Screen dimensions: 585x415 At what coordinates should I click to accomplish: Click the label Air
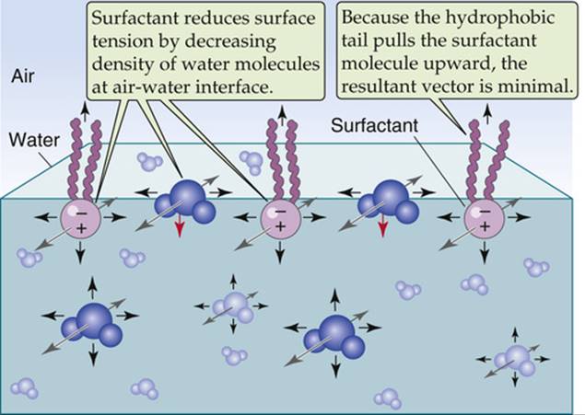pos(23,76)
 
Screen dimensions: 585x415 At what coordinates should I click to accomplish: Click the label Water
pos(34,140)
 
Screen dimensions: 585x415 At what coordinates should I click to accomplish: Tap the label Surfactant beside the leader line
pos(374,125)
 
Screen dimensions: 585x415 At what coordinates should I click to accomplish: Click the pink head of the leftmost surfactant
pos(80,218)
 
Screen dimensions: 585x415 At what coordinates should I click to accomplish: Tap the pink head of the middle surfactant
pos(280,218)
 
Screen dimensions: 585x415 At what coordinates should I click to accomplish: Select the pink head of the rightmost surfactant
pos(484,218)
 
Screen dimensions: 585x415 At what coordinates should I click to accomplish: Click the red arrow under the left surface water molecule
pos(180,226)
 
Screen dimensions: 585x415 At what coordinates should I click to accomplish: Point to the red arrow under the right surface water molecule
pos(382,226)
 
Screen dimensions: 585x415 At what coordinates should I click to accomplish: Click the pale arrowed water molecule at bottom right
pos(514,360)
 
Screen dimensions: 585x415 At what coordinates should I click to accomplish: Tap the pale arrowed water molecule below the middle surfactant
pos(234,306)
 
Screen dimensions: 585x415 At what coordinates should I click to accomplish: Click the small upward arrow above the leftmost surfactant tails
pos(85,111)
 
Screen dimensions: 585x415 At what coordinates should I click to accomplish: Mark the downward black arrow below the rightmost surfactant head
pos(485,252)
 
